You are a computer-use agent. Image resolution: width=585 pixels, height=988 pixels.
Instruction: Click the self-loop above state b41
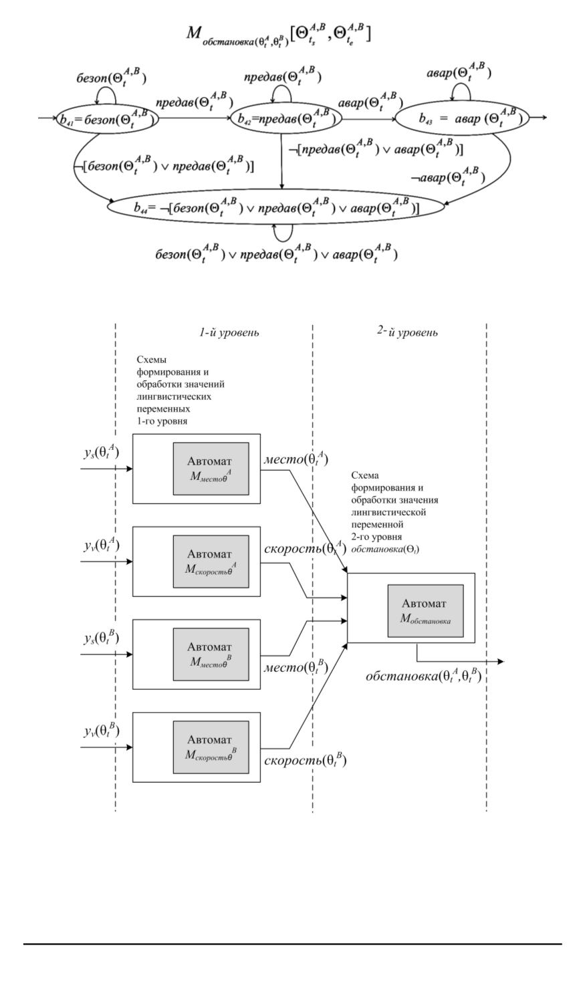point(105,96)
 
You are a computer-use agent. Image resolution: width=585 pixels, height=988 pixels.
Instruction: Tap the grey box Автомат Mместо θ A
point(211,469)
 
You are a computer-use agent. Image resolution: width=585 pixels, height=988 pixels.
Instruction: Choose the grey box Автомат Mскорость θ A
point(211,561)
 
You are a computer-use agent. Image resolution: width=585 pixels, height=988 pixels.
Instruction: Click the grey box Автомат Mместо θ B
point(211,654)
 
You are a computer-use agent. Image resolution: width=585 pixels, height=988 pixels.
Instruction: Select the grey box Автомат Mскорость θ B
point(211,747)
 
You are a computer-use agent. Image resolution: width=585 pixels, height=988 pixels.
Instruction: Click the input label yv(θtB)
point(101,731)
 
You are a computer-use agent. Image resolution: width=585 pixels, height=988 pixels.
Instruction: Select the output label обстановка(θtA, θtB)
point(423,676)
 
